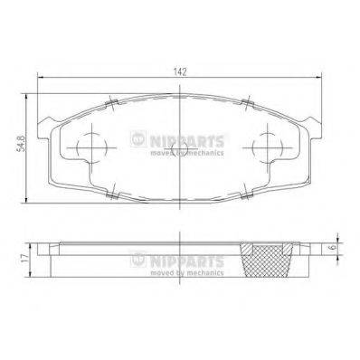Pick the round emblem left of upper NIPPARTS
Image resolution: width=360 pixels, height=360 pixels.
[137, 138]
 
